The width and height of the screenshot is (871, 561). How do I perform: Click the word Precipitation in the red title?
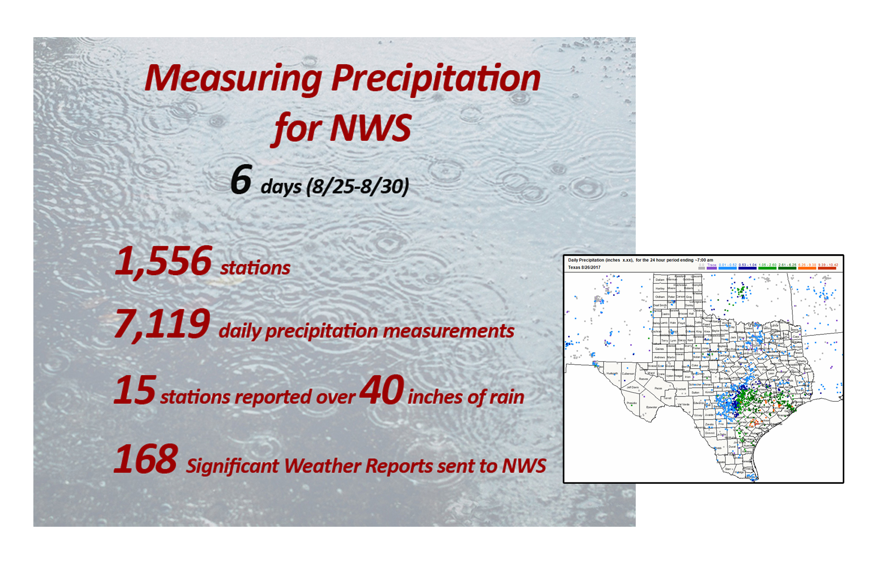click(x=435, y=79)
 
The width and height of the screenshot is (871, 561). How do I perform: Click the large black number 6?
click(x=241, y=179)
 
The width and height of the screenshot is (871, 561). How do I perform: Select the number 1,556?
click(x=163, y=261)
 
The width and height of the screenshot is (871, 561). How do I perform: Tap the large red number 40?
click(x=382, y=390)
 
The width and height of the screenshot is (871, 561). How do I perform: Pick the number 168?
click(x=146, y=459)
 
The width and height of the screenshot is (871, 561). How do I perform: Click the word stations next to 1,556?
click(x=255, y=268)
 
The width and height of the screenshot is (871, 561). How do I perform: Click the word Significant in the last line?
click(x=232, y=466)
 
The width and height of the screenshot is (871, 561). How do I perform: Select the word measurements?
click(x=448, y=331)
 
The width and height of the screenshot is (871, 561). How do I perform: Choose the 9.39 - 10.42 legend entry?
click(x=828, y=265)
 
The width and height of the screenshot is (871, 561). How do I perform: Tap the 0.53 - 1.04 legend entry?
click(x=747, y=265)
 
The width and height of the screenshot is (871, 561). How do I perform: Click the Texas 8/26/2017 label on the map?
click(x=584, y=268)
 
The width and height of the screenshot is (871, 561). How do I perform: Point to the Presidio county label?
click(x=632, y=403)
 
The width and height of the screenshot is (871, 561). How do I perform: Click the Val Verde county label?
click(x=683, y=404)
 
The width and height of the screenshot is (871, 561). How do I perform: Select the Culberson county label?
click(x=628, y=374)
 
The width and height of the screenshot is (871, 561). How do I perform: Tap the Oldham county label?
click(x=660, y=297)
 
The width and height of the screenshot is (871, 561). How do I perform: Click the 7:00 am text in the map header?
click(x=704, y=260)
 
